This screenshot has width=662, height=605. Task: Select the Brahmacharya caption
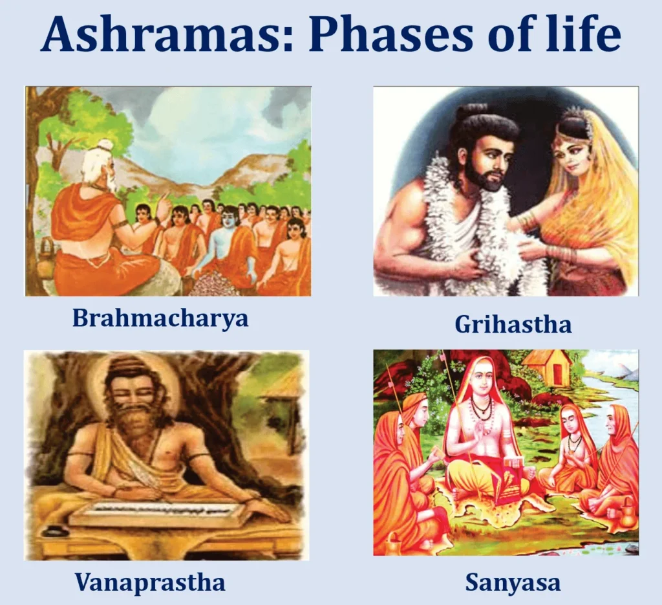point(160,318)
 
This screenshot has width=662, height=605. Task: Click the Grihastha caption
point(513,324)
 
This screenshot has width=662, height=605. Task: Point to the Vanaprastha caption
point(150,582)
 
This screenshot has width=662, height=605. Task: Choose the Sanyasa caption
point(513,583)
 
